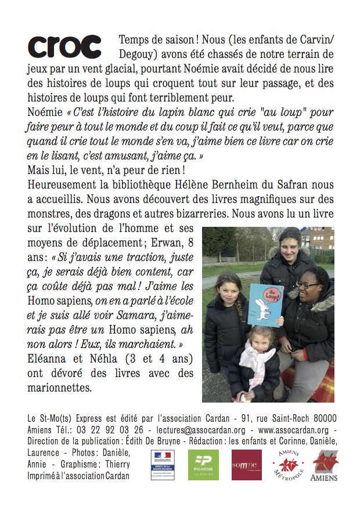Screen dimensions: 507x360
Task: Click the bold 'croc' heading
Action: [64, 46]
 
